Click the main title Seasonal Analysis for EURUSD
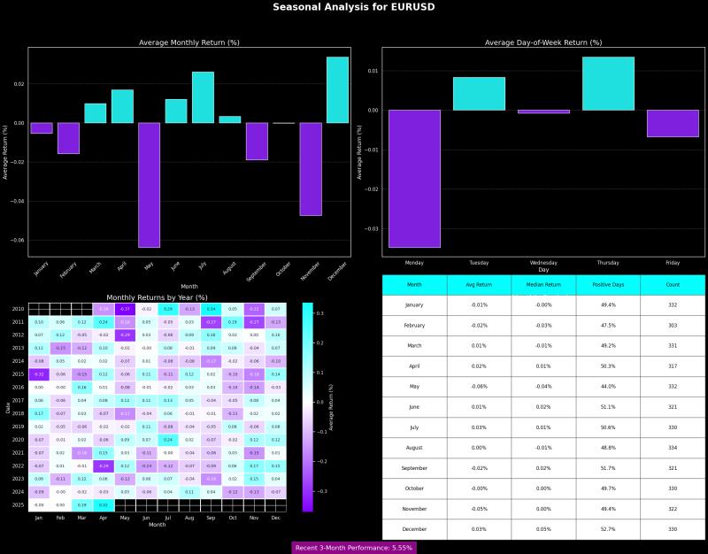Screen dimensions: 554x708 tap(353, 7)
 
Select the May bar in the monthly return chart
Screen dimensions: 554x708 tap(149, 184)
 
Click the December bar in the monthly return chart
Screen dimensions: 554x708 tap(337, 89)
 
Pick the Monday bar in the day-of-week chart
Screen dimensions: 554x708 tap(414, 178)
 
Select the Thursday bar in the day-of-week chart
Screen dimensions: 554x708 tap(608, 83)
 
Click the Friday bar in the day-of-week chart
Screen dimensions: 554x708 tap(673, 123)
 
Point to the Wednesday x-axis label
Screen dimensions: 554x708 tap(543, 265)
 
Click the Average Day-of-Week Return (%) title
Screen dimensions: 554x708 tap(543, 42)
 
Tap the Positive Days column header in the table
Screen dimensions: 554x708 tap(608, 285)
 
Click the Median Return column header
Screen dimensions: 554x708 tap(543, 285)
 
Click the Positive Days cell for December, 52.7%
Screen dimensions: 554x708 tap(608, 529)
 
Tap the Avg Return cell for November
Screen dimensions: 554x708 tap(479, 509)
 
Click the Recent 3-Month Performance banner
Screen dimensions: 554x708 tap(353, 548)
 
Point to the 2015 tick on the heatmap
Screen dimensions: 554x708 tap(18, 374)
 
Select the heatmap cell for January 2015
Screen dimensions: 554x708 tap(39, 374)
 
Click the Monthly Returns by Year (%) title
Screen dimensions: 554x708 tap(157, 297)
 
